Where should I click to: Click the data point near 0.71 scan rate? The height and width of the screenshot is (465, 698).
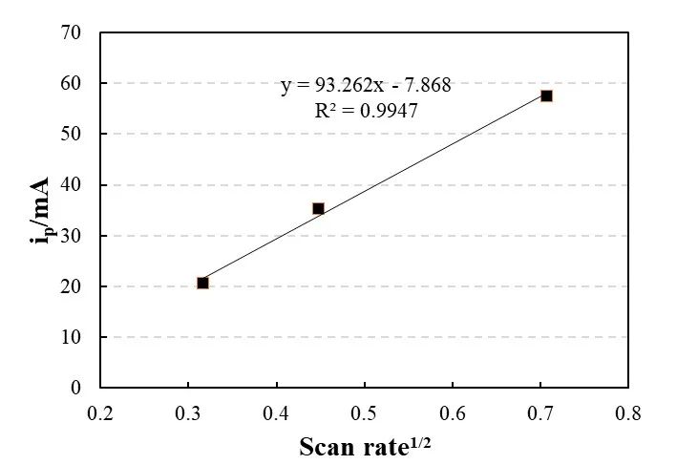(x=546, y=95)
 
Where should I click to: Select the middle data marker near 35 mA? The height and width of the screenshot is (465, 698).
(x=318, y=208)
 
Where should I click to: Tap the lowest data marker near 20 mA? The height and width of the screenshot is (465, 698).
(x=202, y=283)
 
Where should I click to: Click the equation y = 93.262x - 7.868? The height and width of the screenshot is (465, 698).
(x=366, y=86)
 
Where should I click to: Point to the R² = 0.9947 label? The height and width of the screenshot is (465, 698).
(x=366, y=111)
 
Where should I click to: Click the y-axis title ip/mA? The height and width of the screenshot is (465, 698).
(x=41, y=210)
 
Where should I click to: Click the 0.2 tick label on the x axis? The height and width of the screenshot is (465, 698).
(x=100, y=413)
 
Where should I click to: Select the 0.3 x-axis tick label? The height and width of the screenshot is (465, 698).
(x=188, y=413)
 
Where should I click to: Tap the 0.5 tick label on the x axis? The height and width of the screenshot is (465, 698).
(x=364, y=413)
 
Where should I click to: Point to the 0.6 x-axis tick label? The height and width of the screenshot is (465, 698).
(x=452, y=413)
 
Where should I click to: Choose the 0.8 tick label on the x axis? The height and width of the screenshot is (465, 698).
(x=627, y=413)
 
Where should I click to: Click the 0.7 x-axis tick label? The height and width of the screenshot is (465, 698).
(x=539, y=413)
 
